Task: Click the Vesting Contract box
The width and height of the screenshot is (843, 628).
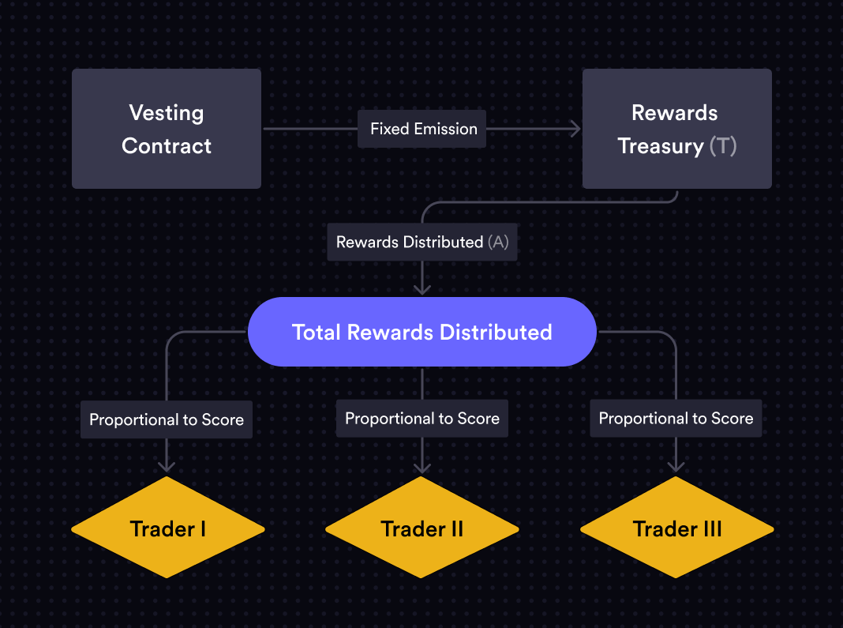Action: click(x=167, y=129)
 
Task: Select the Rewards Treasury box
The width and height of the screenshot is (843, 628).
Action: click(x=677, y=129)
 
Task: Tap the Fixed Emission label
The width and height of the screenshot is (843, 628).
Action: click(x=422, y=129)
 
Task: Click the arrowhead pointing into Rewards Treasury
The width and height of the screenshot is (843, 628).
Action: click(x=575, y=129)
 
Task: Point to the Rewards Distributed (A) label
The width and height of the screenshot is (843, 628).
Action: click(x=422, y=243)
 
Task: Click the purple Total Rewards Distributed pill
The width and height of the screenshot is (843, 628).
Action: click(x=422, y=332)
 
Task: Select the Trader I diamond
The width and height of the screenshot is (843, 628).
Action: click(x=168, y=528)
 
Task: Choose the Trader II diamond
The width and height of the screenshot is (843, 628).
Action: click(x=422, y=528)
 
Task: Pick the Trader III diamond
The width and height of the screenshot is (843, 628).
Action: click(x=677, y=528)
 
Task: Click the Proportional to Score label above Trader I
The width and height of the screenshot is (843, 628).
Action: click(x=167, y=419)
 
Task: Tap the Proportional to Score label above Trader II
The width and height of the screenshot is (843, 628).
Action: click(x=422, y=419)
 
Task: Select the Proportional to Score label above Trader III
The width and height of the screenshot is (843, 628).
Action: click(x=676, y=419)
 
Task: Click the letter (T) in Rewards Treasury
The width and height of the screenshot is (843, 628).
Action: click(x=722, y=146)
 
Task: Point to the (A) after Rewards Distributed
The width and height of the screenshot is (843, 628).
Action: click(x=498, y=243)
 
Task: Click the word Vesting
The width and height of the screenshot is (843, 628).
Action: click(x=167, y=113)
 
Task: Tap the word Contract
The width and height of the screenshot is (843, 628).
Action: click(x=167, y=146)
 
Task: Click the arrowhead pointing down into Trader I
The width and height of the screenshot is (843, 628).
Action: click(x=167, y=466)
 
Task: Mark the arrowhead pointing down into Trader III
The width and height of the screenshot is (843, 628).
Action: click(x=676, y=466)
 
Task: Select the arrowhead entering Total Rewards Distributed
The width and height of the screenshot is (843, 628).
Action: click(x=422, y=289)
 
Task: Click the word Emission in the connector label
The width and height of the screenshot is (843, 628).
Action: click(x=446, y=129)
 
